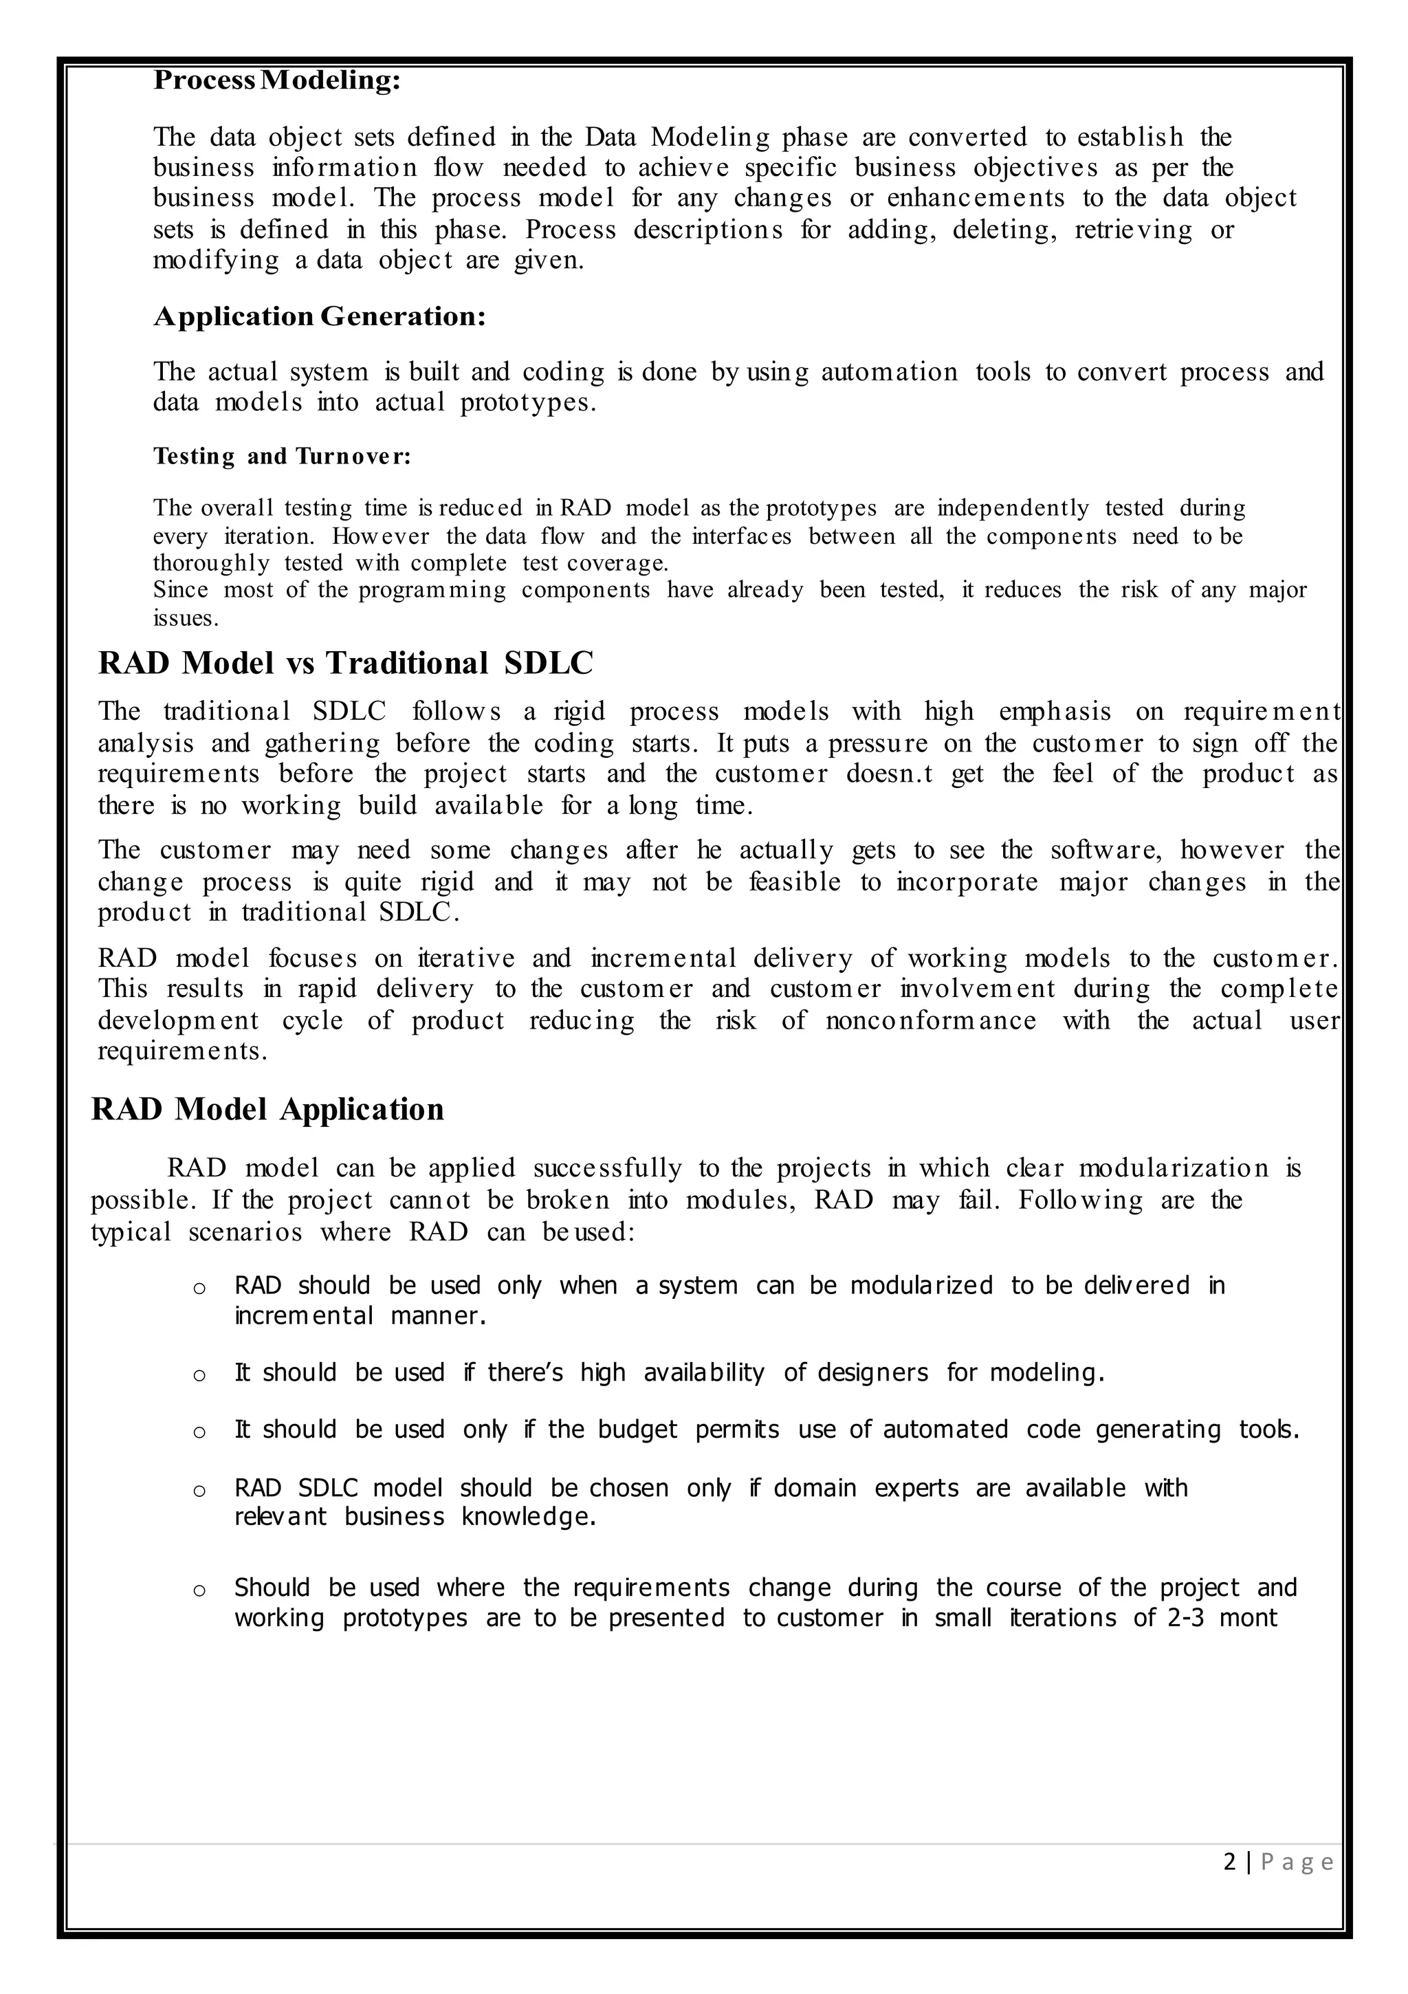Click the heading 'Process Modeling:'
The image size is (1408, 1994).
[277, 80]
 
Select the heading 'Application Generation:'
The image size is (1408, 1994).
[319, 316]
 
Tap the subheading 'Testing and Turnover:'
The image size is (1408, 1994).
[281, 456]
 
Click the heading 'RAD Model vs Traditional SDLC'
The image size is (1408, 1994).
[345, 664]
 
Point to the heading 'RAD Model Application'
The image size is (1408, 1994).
[267, 1110]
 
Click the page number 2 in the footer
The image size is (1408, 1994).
[1229, 1863]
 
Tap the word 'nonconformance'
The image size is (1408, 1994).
[930, 1020]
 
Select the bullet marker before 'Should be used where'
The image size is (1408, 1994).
[199, 1590]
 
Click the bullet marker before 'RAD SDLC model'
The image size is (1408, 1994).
[199, 1491]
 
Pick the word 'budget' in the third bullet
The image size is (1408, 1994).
[637, 1429]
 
